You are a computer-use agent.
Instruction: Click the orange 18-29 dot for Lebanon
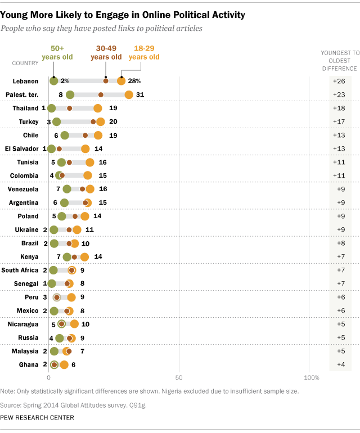(x=121, y=81)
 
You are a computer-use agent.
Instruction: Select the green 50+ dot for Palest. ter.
(x=70, y=94)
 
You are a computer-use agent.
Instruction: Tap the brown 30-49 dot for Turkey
(x=93, y=121)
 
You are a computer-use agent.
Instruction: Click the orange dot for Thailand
(x=98, y=108)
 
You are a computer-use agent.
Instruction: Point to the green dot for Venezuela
(x=67, y=189)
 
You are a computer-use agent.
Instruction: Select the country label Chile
(x=31, y=135)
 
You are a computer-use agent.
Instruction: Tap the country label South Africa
(x=20, y=270)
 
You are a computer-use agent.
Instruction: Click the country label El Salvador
(x=20, y=148)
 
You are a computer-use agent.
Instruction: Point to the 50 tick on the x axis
(x=179, y=377)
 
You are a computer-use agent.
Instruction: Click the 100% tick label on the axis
(x=310, y=377)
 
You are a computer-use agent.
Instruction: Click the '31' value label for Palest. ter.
(x=140, y=94)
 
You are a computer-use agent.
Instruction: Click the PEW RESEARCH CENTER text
(x=37, y=417)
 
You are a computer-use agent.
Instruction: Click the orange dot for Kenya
(x=84, y=256)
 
